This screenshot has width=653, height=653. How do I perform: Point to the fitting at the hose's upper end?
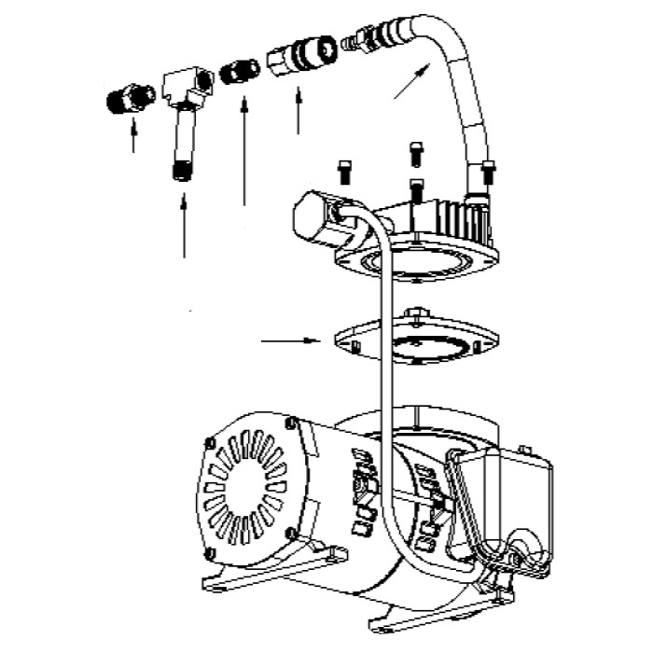click(366, 39)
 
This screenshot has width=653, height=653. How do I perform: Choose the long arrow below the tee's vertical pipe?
click(185, 224)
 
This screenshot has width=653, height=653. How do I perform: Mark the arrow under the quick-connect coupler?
click(299, 110)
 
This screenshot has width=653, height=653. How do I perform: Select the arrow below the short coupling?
click(244, 149)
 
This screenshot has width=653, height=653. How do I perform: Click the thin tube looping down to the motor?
click(382, 373)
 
